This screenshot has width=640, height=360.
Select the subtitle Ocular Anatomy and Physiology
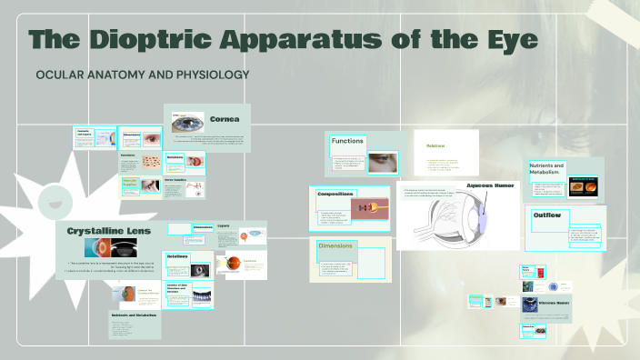tap(142, 74)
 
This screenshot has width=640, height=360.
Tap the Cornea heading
tap(225, 119)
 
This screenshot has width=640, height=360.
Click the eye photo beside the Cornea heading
tap(187, 123)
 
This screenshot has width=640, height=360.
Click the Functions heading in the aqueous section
tap(347, 141)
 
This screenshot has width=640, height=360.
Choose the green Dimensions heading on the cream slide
tap(338, 246)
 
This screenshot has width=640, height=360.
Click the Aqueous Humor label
tap(491, 185)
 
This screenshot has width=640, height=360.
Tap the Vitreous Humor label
tap(554, 302)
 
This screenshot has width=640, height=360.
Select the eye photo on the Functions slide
tap(382, 162)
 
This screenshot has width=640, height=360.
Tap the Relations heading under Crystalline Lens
tap(176, 257)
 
